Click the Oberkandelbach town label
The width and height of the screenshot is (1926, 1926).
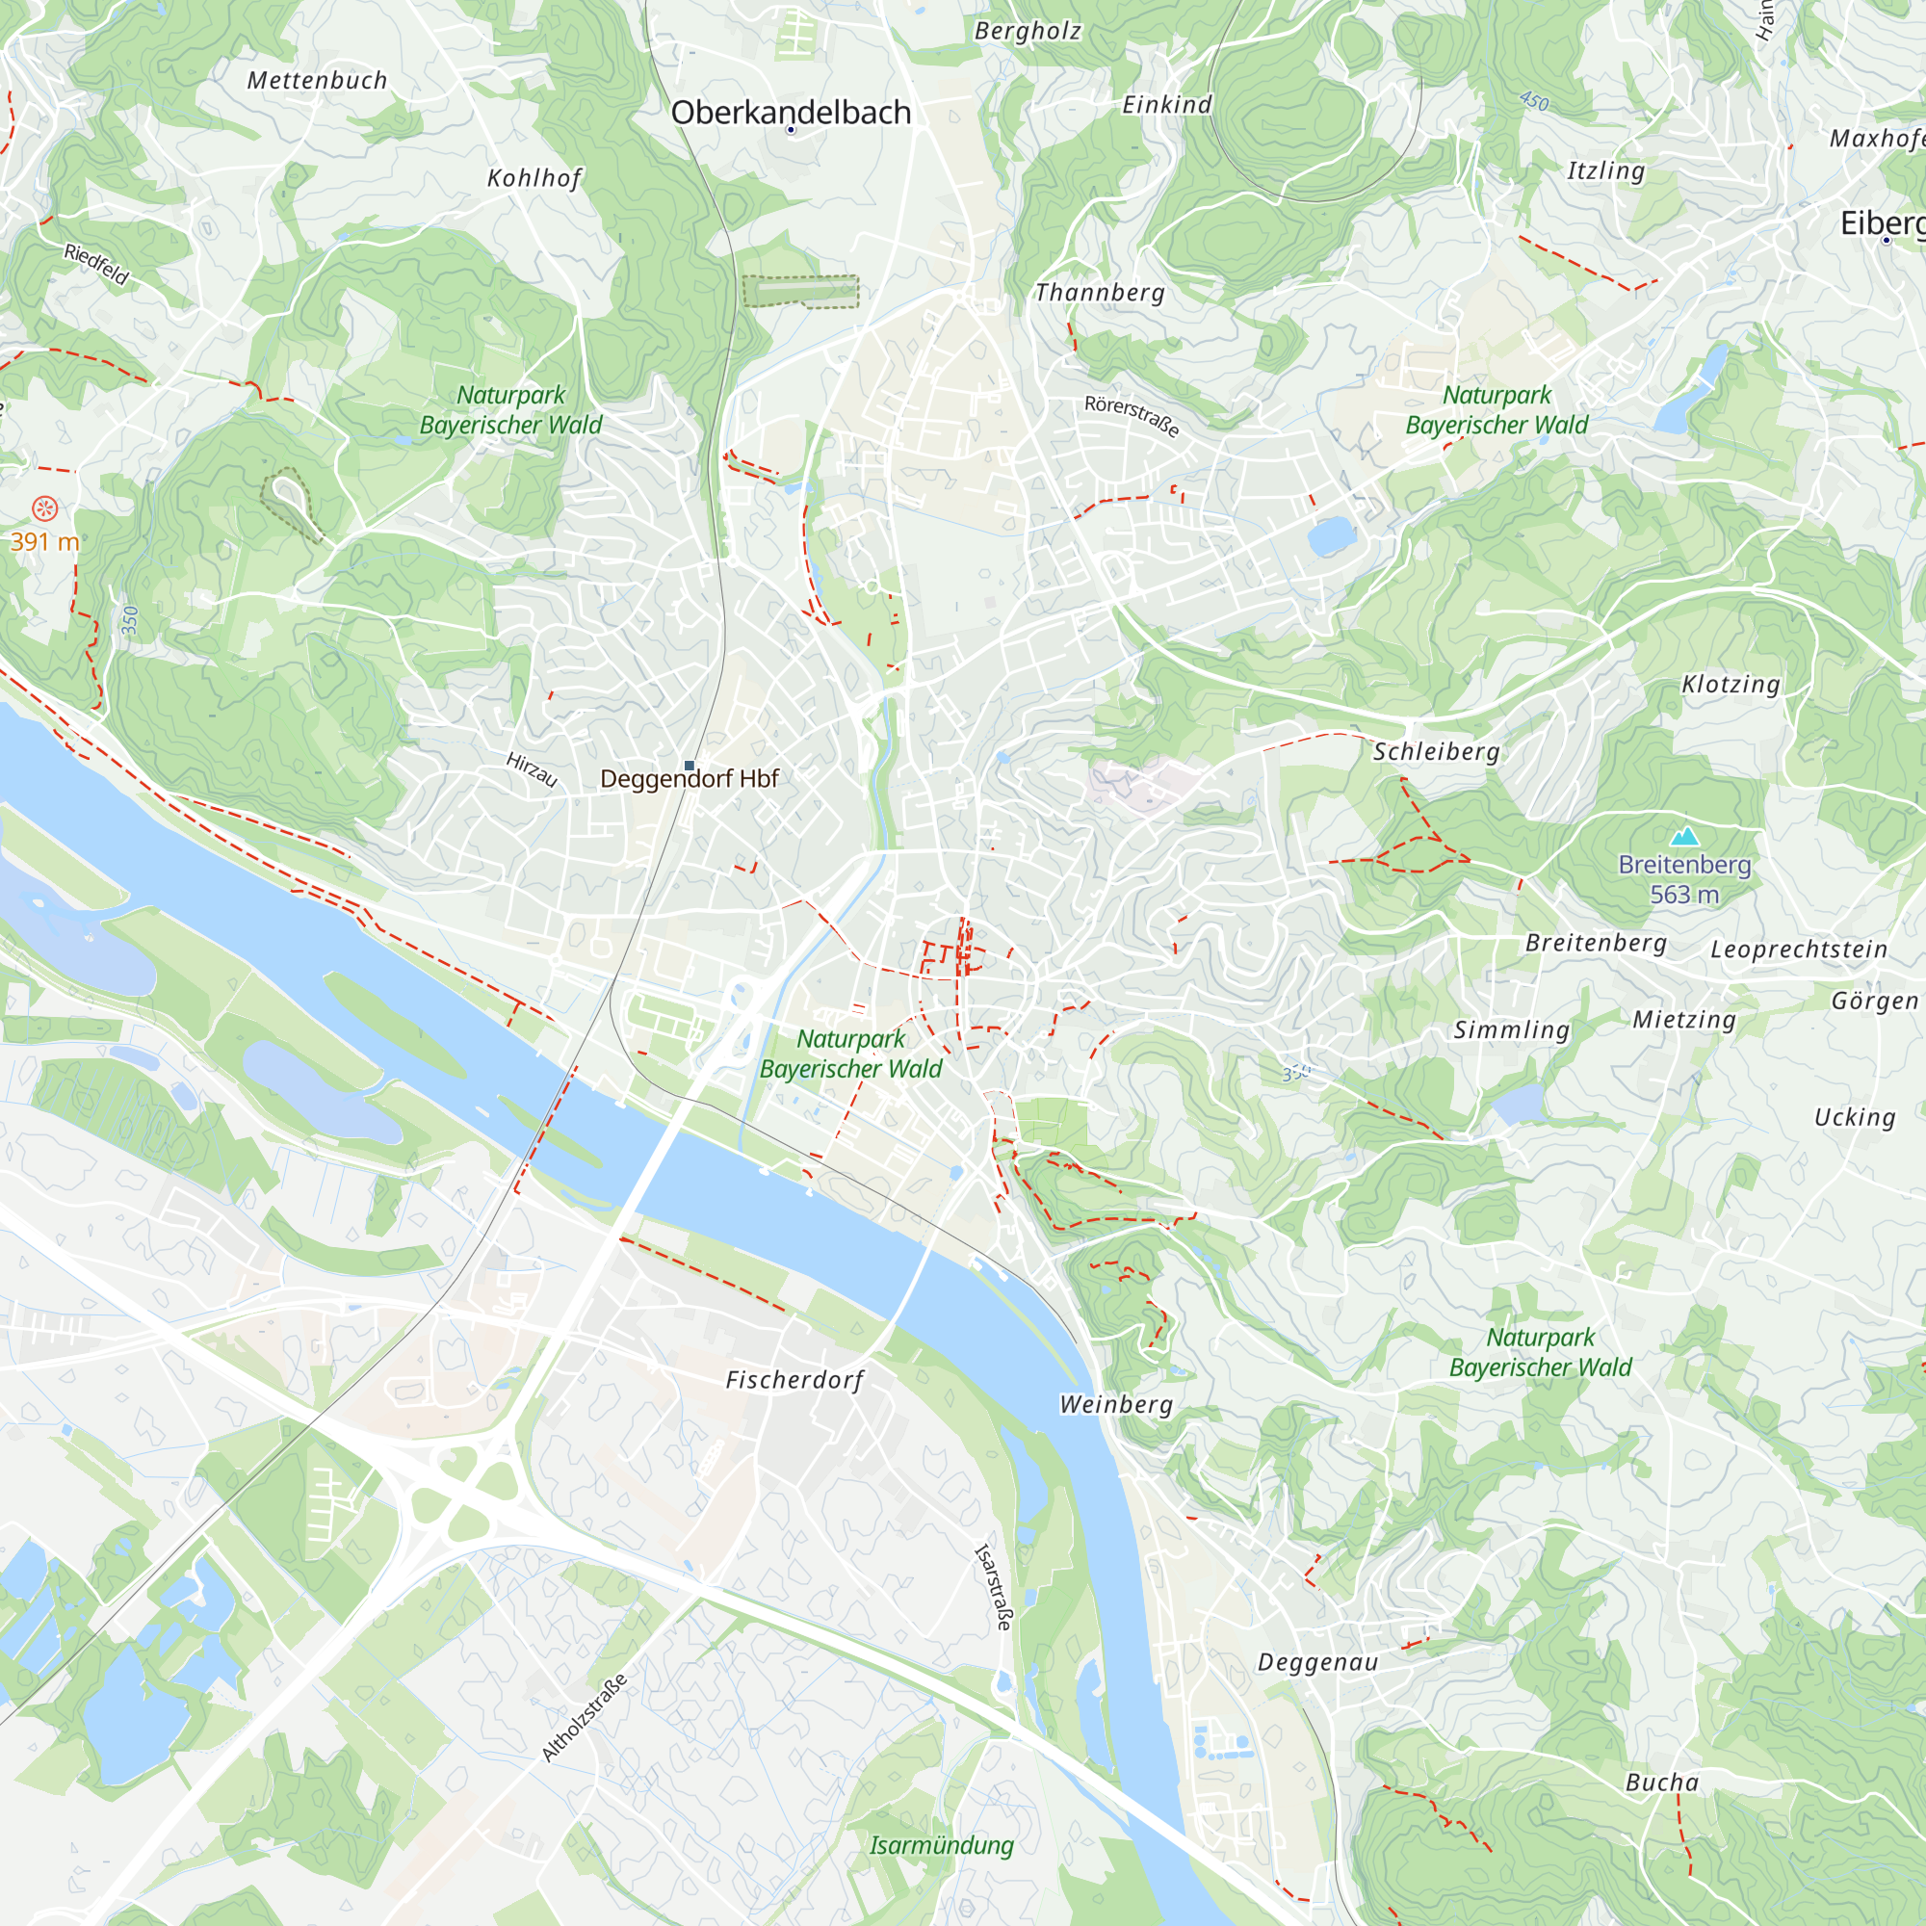tap(791, 113)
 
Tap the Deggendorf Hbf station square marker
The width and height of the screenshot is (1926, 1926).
tap(689, 766)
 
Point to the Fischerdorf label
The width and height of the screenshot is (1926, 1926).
tap(794, 1380)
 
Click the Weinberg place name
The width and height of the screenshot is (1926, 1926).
tap(1115, 1405)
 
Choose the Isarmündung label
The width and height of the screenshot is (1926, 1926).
tap(941, 1845)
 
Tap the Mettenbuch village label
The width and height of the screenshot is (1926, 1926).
tap(317, 81)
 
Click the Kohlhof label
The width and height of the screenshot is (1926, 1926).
tap(534, 178)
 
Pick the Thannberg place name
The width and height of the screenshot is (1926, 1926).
tap(1100, 293)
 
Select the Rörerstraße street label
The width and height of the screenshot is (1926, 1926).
tap(1132, 417)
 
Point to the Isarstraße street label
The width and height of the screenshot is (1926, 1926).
tap(993, 1586)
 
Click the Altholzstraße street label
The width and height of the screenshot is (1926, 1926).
tap(586, 1717)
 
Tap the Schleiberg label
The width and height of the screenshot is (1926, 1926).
tap(1436, 752)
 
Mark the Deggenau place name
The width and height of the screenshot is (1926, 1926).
tap(1318, 1662)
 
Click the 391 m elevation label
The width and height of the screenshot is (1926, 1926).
tap(44, 541)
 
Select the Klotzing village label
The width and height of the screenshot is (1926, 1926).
tap(1731, 685)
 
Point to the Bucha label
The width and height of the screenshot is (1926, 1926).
tap(1662, 1782)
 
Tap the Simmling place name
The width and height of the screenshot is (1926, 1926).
tap(1511, 1029)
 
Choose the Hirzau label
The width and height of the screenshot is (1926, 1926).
tap(532, 768)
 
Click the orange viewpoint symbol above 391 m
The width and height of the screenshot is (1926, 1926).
tap(45, 509)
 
